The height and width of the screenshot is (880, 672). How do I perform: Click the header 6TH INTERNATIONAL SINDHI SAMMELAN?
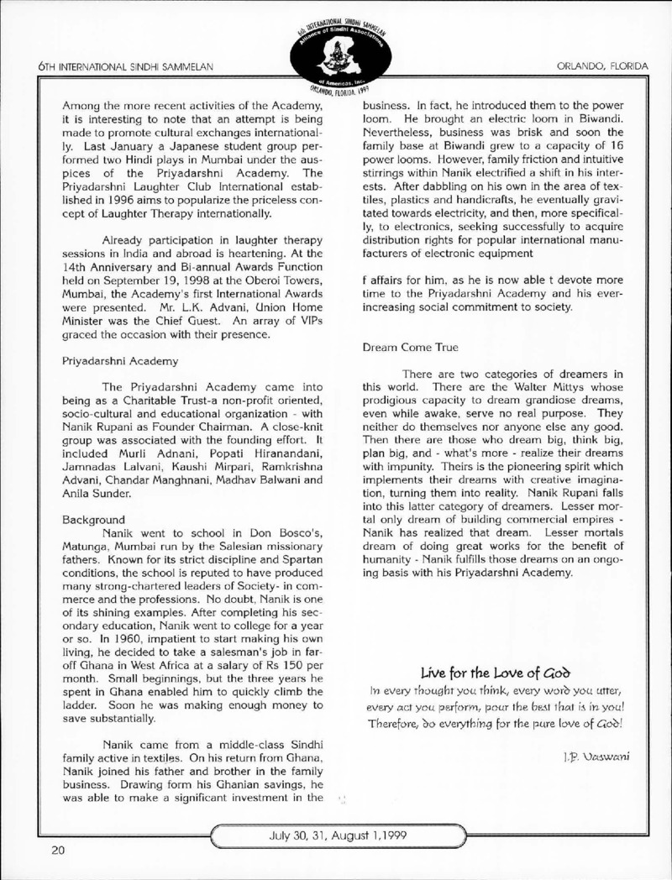pyautogui.click(x=126, y=65)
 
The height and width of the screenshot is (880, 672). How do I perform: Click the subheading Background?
pyautogui.click(x=90, y=520)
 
